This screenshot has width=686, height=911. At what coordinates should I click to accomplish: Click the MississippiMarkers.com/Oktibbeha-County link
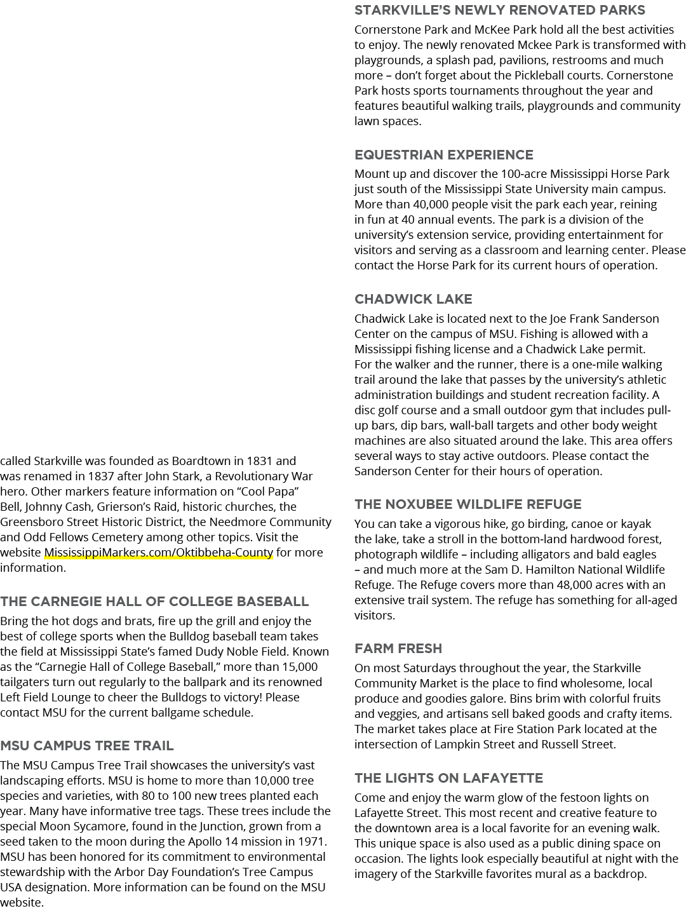[x=159, y=553]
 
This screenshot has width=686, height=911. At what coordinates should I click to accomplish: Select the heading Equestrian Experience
[x=443, y=155]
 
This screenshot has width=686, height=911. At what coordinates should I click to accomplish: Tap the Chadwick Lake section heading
[x=414, y=299]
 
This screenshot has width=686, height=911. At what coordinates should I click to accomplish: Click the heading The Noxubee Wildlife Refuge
[x=468, y=504]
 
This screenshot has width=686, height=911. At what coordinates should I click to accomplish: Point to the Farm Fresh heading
[x=398, y=648]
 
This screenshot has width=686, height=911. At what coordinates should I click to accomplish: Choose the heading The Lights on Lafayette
[x=448, y=778]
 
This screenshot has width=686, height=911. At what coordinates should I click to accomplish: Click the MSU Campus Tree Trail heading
[x=87, y=746]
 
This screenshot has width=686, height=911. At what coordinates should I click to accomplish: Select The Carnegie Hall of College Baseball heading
[x=154, y=602]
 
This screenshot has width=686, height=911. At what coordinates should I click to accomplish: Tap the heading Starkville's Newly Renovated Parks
[x=500, y=10]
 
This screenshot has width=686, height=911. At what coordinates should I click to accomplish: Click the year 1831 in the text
[x=259, y=461]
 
